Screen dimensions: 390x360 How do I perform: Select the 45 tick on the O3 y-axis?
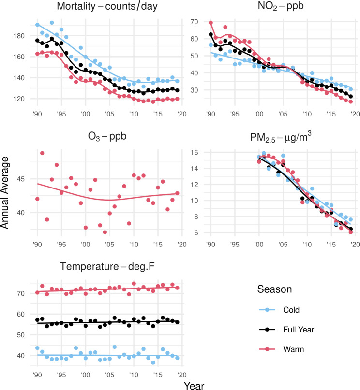(24, 179)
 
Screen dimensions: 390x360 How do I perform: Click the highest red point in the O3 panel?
(42, 153)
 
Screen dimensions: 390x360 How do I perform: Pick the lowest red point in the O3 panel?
(105, 232)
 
